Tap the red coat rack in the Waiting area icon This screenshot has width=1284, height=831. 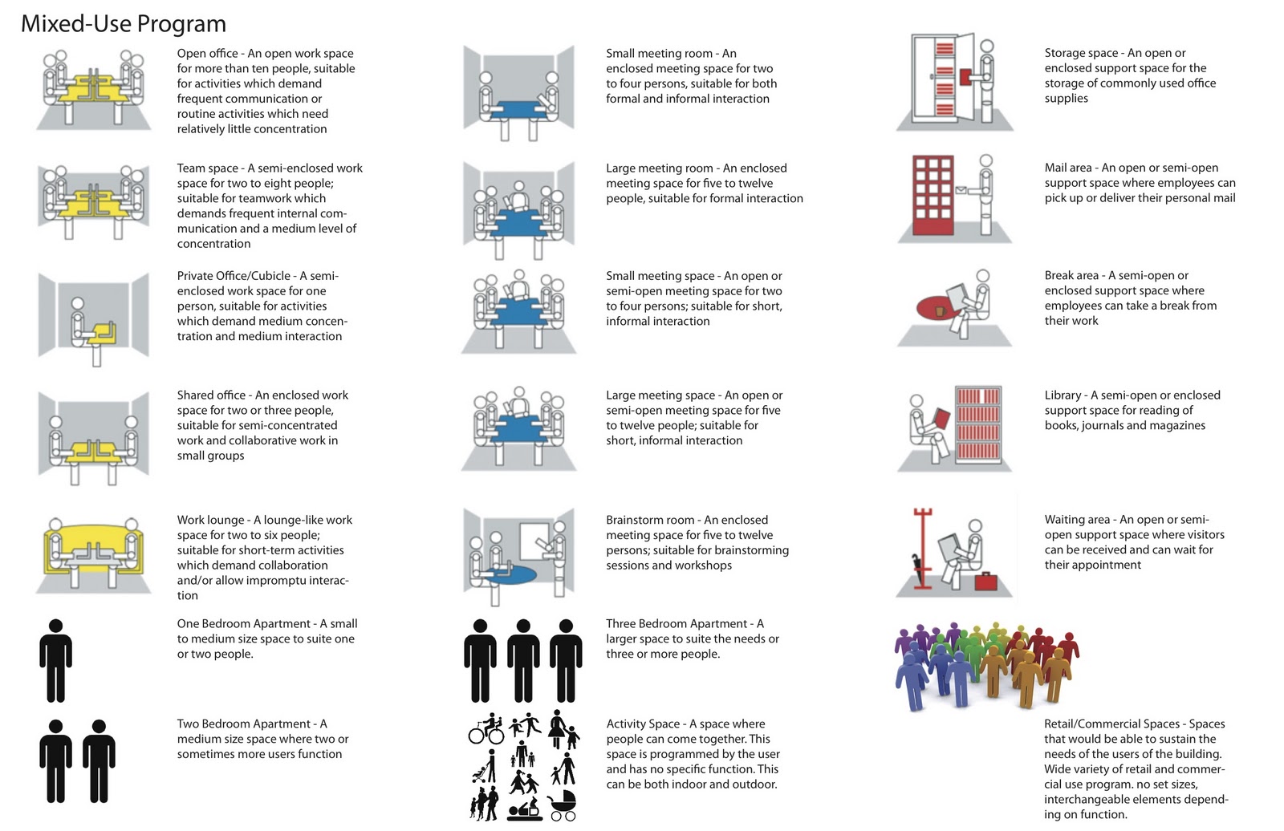tap(922, 549)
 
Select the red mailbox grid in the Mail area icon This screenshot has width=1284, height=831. tap(933, 195)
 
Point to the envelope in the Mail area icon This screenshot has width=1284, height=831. tap(961, 189)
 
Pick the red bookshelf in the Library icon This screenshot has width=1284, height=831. tap(978, 424)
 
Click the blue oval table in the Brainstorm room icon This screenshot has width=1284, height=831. tap(510, 574)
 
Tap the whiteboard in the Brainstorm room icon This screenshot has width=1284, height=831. tap(534, 541)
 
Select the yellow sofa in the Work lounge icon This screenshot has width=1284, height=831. tap(93, 549)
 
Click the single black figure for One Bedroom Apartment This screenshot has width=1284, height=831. tap(55, 660)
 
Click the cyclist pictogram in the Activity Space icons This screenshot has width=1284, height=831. tap(486, 729)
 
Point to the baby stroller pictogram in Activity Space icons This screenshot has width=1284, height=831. tap(562, 806)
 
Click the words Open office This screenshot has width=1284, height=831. tap(208, 53)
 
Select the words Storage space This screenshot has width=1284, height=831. tap(1081, 53)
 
